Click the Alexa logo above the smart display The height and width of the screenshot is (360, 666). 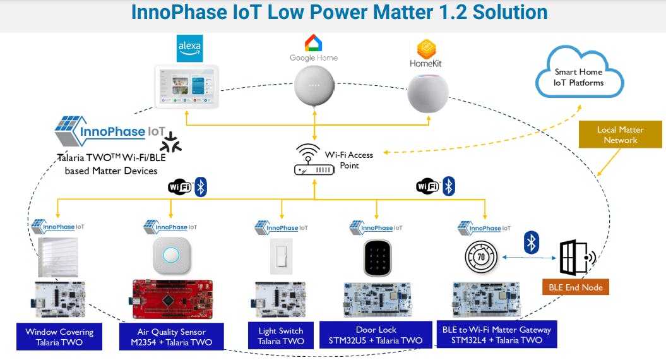[189, 49]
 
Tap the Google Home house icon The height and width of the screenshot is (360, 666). [313, 43]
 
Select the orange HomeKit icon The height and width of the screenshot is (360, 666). [427, 49]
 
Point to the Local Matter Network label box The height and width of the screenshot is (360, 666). [620, 135]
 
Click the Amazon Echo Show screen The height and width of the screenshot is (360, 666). [187, 87]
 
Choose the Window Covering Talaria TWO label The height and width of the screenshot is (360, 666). [59, 337]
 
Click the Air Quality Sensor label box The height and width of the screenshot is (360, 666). [171, 337]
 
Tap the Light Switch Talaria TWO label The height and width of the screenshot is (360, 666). [281, 336]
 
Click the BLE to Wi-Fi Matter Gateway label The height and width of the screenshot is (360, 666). [496, 335]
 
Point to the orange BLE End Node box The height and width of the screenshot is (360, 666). [574, 287]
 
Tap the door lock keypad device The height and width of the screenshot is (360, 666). [378, 258]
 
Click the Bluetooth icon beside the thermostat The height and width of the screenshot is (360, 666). [532, 243]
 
